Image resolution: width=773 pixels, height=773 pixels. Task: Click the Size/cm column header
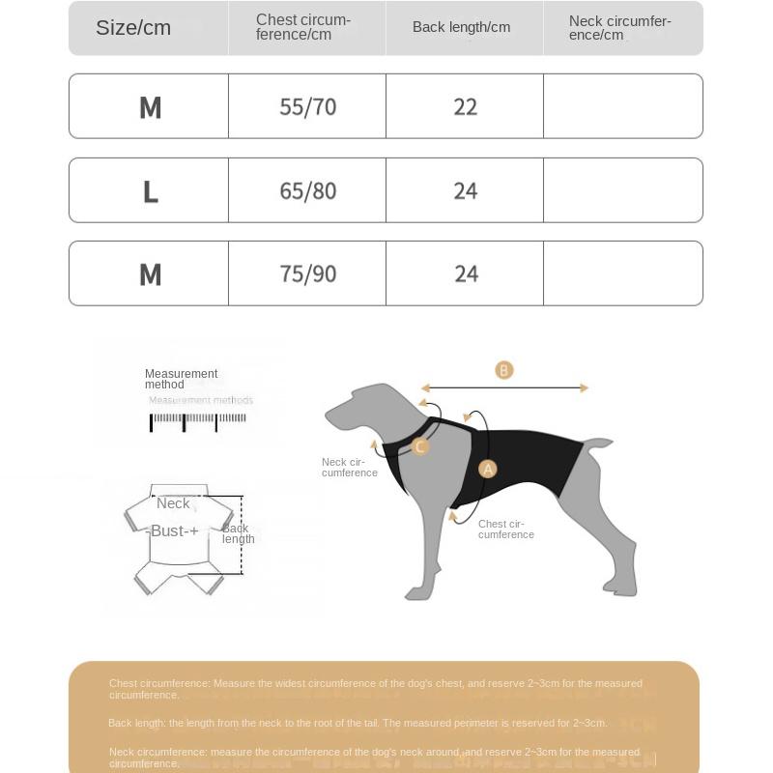coord(133,28)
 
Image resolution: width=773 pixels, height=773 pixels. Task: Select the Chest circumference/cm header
coord(303,27)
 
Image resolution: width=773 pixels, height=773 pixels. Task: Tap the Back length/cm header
coord(461,27)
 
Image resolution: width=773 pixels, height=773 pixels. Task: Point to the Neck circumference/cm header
coord(619,28)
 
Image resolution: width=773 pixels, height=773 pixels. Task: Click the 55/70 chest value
coord(307,106)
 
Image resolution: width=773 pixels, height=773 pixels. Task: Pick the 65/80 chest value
coord(307,190)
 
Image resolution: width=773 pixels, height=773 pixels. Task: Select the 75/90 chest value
coord(307,273)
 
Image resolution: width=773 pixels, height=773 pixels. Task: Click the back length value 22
coord(465,106)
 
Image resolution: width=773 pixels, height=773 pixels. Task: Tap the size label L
coord(150,192)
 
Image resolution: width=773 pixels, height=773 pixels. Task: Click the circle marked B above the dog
coord(503,370)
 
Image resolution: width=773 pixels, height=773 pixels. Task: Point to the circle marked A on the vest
coord(488,470)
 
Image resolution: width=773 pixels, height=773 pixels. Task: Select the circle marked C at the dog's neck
coord(419,446)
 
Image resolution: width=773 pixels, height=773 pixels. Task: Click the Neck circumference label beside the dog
coord(349,468)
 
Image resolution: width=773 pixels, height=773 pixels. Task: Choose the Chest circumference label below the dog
coord(505,530)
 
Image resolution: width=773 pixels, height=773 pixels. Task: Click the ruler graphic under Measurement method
coord(197,420)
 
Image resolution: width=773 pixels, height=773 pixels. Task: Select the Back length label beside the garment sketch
coord(238,533)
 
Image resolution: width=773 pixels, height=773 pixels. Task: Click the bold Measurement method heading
coord(181,379)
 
